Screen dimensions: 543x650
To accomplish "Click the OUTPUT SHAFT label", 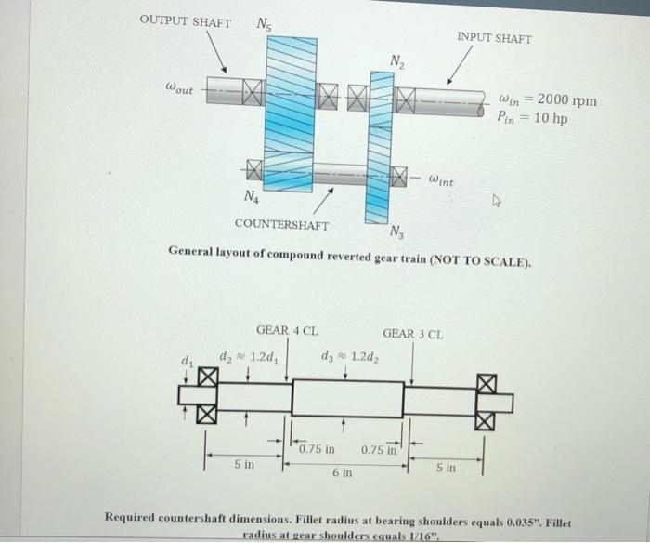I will tap(186, 21).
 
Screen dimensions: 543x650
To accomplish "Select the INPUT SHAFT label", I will tap(494, 38).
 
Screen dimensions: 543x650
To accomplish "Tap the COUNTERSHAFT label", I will tap(281, 224).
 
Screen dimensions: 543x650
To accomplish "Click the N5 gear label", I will tap(265, 25).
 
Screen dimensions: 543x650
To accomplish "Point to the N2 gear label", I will tap(396, 61).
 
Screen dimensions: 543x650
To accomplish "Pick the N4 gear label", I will tap(251, 196).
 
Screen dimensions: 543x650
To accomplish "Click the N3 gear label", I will tap(396, 232).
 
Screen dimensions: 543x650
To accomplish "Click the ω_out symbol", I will tap(179, 89).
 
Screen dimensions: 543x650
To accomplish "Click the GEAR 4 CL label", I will tap(287, 331).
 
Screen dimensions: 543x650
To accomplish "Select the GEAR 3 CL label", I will tap(413, 332).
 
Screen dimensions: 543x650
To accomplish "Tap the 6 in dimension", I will tap(342, 473).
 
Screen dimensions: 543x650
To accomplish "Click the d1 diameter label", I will tap(188, 360).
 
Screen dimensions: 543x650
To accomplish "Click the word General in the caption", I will tap(191, 252).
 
